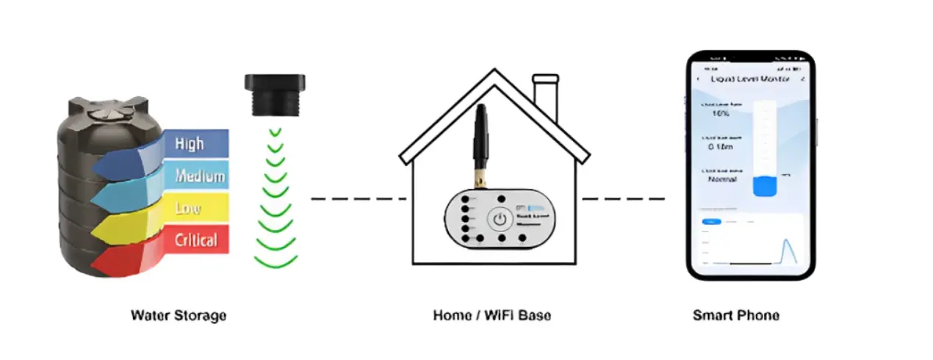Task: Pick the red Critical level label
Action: (x=195, y=240)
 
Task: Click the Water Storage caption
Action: (x=179, y=316)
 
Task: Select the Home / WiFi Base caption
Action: (x=492, y=316)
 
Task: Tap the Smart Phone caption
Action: (x=736, y=316)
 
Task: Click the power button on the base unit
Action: (x=500, y=218)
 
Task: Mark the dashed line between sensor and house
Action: (x=358, y=198)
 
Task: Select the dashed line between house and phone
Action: (x=624, y=198)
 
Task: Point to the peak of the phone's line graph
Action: (x=789, y=240)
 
